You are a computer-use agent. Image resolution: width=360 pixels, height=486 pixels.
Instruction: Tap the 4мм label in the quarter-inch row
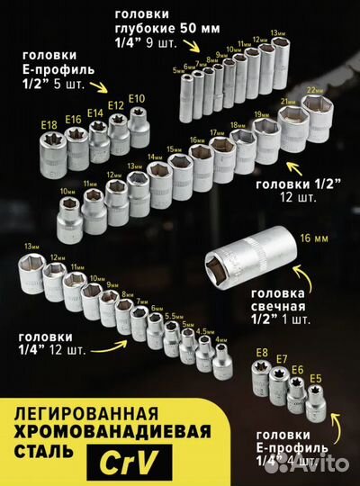point(221,339)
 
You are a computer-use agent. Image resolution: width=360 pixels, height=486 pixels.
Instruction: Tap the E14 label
point(95,113)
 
